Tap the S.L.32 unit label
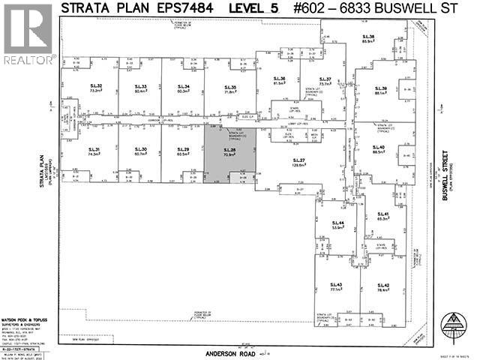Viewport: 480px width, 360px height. point(94,88)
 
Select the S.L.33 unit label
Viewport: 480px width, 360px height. point(139,88)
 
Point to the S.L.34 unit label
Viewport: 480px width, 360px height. point(182,88)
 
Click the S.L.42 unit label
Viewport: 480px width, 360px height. point(383,287)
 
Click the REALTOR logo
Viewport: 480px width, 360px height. point(28,34)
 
